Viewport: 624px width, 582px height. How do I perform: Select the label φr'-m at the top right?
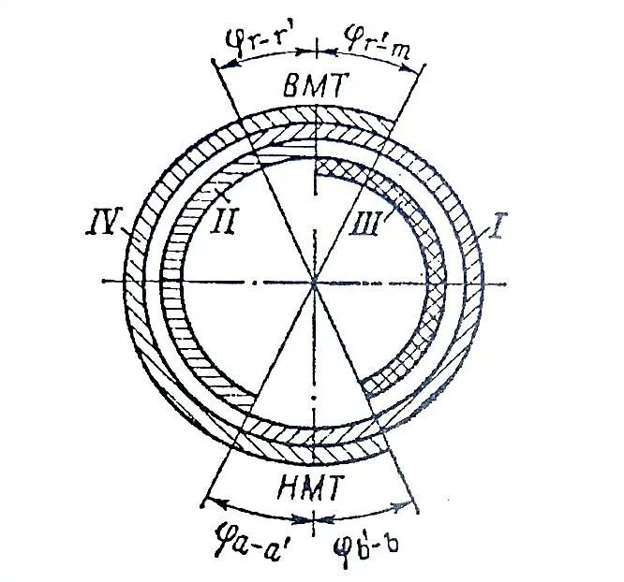click(368, 40)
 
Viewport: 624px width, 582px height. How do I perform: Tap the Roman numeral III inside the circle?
click(367, 225)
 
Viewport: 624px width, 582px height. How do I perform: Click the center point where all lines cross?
click(316, 283)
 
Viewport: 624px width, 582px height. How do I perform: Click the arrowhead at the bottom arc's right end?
click(413, 509)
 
